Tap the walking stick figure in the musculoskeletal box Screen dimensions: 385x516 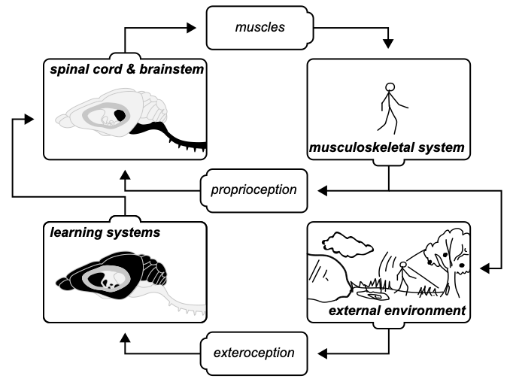(389, 106)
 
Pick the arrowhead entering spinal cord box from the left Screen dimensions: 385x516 (28, 118)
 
